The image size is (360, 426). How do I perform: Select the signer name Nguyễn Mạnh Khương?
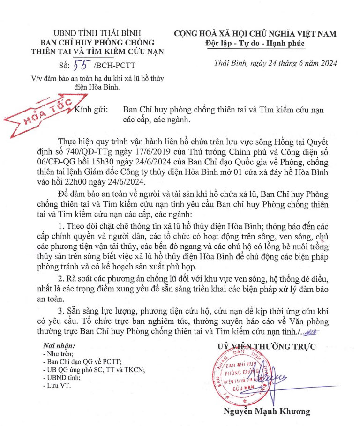[x=267, y=411]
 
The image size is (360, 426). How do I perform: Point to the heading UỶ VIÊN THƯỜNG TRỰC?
[x=266, y=347]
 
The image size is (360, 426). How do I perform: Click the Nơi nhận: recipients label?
[x=55, y=346]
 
